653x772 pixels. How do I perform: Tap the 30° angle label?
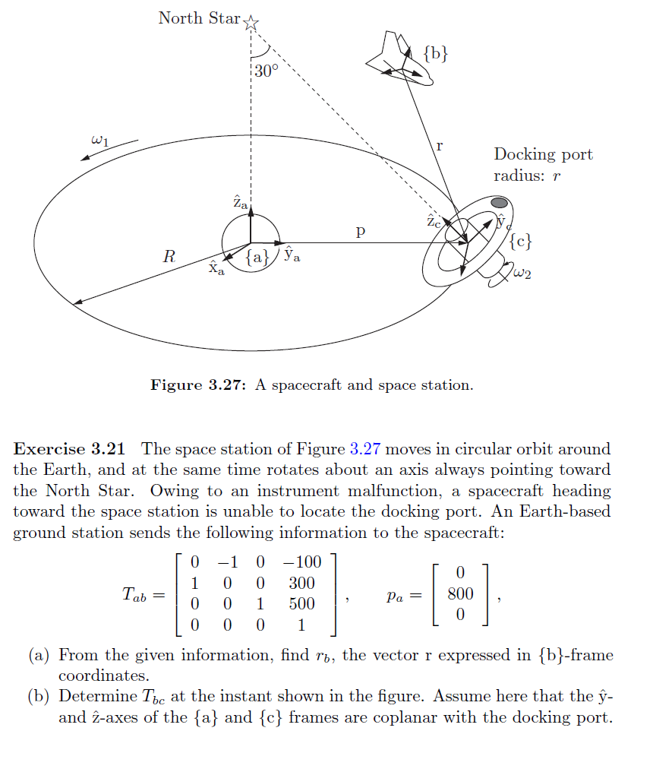point(267,71)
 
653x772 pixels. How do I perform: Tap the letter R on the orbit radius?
point(169,257)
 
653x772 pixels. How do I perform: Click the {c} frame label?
point(520,242)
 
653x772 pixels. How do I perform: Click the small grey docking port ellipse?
point(499,203)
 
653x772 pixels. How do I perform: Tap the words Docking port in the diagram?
point(543,154)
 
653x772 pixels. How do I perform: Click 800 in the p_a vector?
point(461,593)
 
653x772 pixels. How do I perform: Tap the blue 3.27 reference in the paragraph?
point(364,449)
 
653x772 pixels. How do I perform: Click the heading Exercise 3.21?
point(72,449)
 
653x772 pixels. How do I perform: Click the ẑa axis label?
point(239,203)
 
